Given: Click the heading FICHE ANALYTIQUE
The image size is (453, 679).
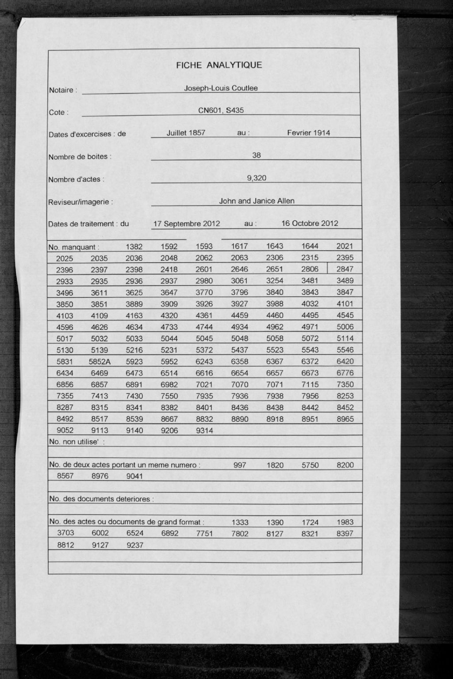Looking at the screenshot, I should pos(219,65).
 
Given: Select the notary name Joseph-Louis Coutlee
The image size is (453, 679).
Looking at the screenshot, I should pos(221,88).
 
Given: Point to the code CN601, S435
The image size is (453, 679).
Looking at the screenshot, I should pos(221,111).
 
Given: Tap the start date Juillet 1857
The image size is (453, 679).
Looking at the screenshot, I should pos(186,133).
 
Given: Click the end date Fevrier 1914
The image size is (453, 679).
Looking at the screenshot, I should pos(308,133).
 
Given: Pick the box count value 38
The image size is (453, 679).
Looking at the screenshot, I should pos(256,155).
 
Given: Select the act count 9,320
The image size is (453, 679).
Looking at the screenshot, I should pos(257,178).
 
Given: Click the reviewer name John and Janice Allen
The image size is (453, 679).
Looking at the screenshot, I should pos(257,201).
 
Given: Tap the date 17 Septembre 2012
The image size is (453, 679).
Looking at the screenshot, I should pos(186,224).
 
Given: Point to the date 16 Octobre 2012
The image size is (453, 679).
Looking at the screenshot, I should pos(310,223).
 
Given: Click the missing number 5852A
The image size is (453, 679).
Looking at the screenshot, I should pos(100,362).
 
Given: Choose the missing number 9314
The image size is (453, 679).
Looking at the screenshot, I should pos(204,431).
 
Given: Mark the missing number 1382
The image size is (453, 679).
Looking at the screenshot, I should pos(134,247).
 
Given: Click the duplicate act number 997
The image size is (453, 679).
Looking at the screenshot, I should pos(239,465).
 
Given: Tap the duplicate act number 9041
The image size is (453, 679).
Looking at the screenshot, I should pos(135,477).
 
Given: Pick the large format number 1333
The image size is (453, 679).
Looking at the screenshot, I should pos(240,522).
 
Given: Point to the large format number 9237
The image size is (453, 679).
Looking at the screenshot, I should pos(135,545).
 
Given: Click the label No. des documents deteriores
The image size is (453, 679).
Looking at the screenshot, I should pos(101,499).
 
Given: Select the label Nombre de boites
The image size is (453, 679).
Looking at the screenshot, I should pos(80,156).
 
